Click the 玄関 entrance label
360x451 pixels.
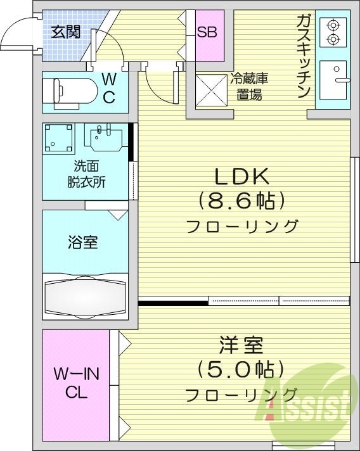(65, 31)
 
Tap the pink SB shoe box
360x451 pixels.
(207, 32)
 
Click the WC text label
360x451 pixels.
(109, 88)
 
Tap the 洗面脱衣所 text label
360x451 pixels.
(86, 174)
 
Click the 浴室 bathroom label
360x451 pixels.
(82, 241)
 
